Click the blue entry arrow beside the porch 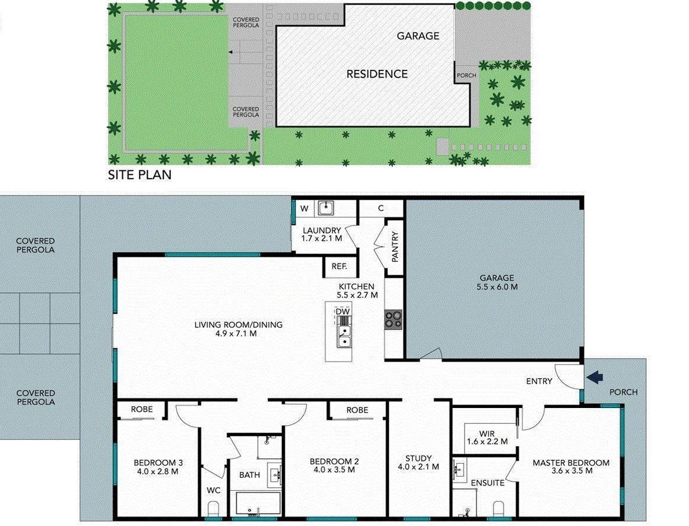point(594,377)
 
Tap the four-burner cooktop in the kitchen point(394,319)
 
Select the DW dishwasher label point(343,311)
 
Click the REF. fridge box point(340,266)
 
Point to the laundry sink point(325,208)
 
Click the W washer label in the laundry point(304,208)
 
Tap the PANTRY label point(395,247)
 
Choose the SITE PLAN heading point(140,175)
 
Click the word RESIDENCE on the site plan point(377,74)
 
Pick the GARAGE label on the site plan point(418,36)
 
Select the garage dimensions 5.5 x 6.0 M point(496,286)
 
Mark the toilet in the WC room point(214,508)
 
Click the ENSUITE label point(488,483)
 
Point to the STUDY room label point(418,458)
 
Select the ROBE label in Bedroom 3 point(142,409)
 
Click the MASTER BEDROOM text point(571,463)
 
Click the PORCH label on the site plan point(466,75)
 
